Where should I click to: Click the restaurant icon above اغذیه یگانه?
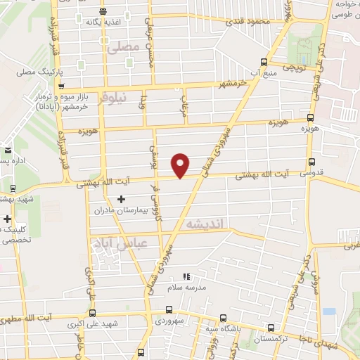click(103, 11)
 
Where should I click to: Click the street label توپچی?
click(292, 66)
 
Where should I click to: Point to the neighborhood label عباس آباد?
click(119, 244)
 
